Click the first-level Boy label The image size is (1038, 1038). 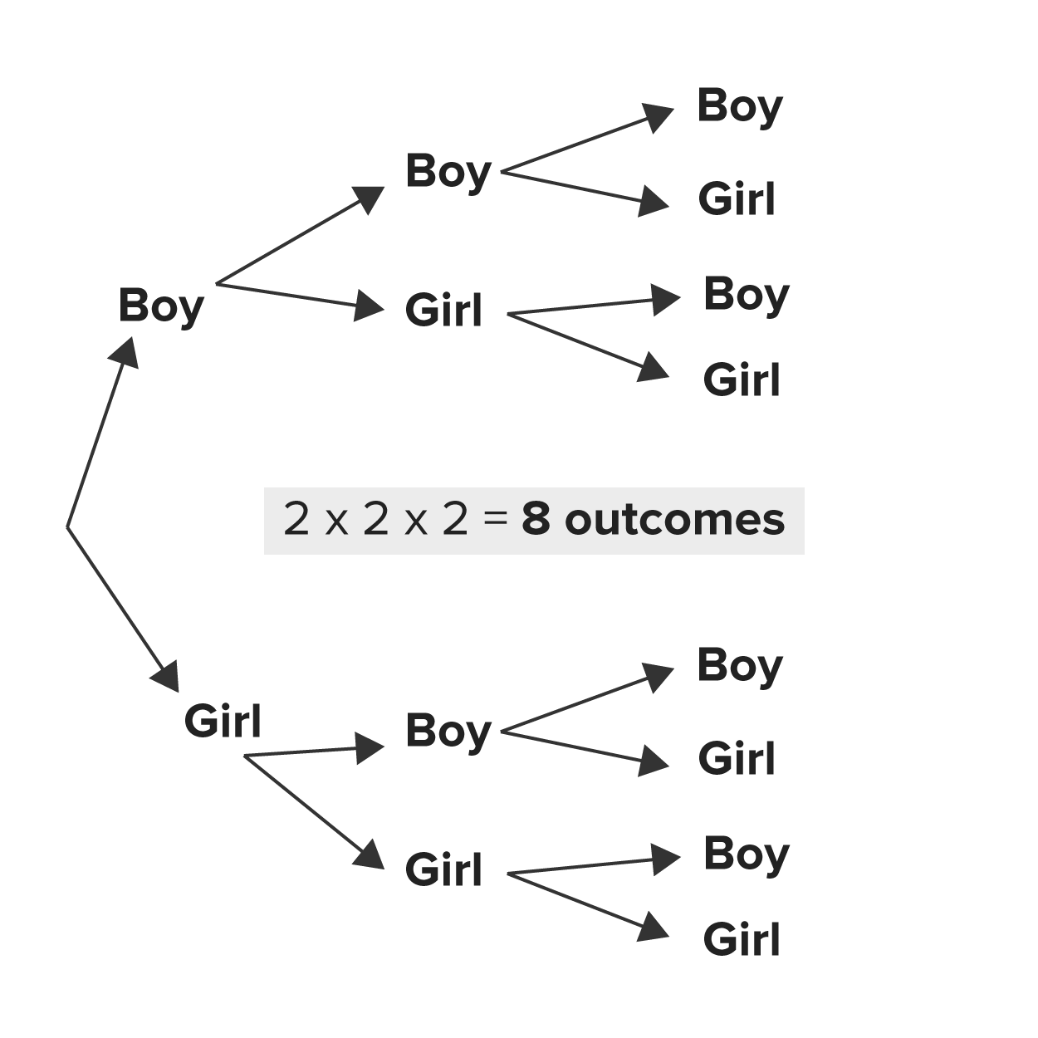click(x=161, y=306)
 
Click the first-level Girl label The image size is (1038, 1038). click(x=223, y=720)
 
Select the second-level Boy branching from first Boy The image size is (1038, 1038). click(x=448, y=172)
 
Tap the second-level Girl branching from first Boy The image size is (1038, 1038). click(x=443, y=311)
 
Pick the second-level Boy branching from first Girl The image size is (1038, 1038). click(x=448, y=732)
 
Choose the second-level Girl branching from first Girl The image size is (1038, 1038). click(x=443, y=870)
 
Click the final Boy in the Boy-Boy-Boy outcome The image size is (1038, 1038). click(x=740, y=106)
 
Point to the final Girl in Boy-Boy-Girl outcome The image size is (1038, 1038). click(x=737, y=199)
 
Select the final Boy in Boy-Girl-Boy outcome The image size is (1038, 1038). click(x=746, y=295)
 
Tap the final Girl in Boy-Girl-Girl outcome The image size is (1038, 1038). click(x=742, y=380)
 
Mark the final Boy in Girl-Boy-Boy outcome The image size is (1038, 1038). click(x=740, y=666)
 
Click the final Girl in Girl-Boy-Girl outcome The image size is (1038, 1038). click(x=737, y=759)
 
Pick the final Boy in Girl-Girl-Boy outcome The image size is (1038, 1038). click(x=746, y=854)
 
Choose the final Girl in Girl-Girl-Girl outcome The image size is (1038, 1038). click(x=742, y=940)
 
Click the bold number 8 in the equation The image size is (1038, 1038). click(x=536, y=521)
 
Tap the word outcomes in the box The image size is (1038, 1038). click(x=674, y=521)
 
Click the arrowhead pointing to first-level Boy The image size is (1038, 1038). click(x=127, y=349)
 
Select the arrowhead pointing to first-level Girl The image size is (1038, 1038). click(x=168, y=678)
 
